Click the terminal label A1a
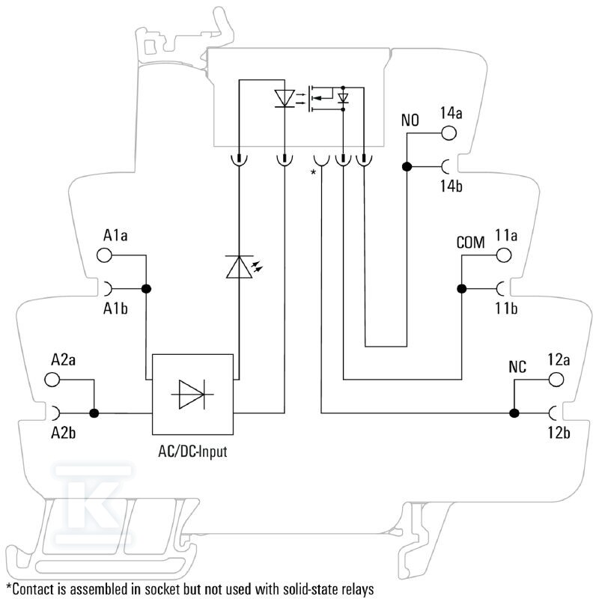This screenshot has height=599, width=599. (x=115, y=235)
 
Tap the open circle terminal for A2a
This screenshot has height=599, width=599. (x=52, y=380)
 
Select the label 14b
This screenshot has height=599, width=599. (x=451, y=186)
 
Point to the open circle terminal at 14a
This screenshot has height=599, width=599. (x=449, y=133)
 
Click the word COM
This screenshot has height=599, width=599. (x=471, y=243)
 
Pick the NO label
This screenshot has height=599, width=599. (x=410, y=121)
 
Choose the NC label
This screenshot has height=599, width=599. (x=517, y=367)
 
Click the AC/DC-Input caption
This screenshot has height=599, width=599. (x=192, y=451)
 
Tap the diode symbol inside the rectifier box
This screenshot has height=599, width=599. (x=192, y=395)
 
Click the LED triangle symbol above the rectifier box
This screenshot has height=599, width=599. (x=239, y=267)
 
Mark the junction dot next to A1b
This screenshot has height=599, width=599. (x=146, y=289)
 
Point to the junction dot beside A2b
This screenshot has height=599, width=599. (x=94, y=413)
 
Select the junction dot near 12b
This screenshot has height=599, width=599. (x=514, y=413)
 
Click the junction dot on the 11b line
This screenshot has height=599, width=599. (x=461, y=289)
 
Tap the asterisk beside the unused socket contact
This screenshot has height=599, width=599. (x=313, y=172)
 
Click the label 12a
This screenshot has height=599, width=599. (x=559, y=360)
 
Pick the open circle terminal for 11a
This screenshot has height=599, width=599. (x=504, y=255)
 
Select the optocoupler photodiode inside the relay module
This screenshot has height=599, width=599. (x=285, y=99)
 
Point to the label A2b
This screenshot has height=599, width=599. (x=64, y=434)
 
